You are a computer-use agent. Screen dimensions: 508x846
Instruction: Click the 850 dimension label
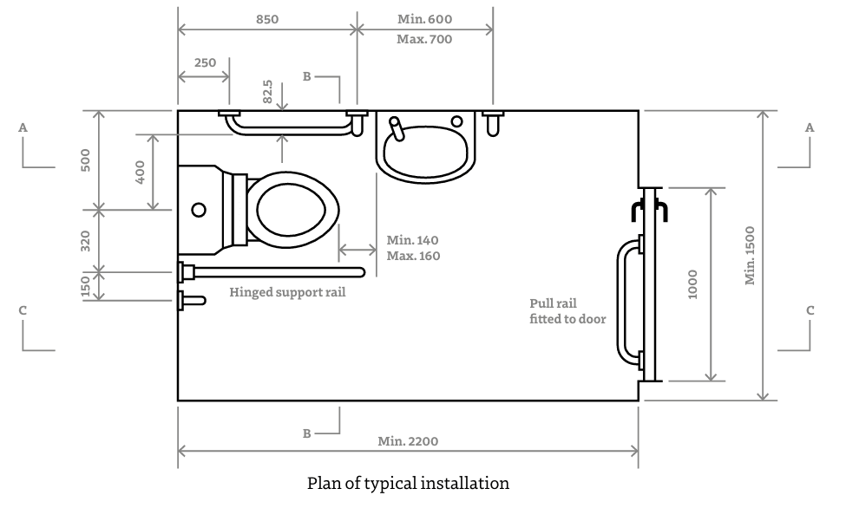pos(267,18)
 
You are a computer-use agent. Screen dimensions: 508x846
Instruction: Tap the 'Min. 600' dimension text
pos(424,18)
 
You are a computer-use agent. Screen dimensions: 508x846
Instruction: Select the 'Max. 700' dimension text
pos(424,39)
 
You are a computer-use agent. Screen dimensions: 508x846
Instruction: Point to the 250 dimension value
pos(206,62)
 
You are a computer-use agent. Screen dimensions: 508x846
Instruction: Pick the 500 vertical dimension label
pos(85,160)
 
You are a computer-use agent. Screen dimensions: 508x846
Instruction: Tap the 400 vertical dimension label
pos(141,172)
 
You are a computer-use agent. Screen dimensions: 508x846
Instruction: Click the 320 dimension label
pos(85,241)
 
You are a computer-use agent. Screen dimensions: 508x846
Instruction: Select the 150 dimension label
pos(85,285)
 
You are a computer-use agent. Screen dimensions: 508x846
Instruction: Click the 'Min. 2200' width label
pos(408,440)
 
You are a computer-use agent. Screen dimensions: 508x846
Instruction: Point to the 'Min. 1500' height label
pos(751,255)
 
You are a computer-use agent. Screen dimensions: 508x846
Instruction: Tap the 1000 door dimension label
pos(692,284)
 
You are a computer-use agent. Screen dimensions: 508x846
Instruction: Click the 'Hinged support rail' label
pos(287,292)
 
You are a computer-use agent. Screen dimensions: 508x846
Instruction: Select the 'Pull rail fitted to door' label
pos(567,311)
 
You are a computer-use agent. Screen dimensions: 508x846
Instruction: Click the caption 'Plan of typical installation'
pos(408,483)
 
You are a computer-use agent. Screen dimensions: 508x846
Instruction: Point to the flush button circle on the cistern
pos(199,209)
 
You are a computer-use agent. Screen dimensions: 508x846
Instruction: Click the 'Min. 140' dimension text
pos(413,240)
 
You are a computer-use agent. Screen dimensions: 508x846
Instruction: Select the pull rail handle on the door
pos(622,300)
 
